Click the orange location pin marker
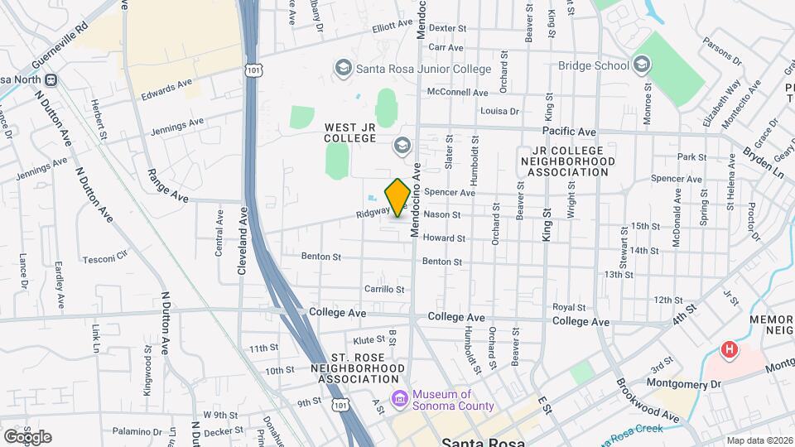pyautogui.click(x=397, y=197)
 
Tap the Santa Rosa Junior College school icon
pyautogui.click(x=343, y=66)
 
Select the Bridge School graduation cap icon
pyautogui.click(x=641, y=65)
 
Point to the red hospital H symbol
pyautogui.click(x=729, y=349)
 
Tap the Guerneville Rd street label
pyautogui.click(x=59, y=51)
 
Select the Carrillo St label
pyautogui.click(x=384, y=290)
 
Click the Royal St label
pyautogui.click(x=569, y=307)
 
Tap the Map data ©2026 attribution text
pyautogui.click(x=758, y=440)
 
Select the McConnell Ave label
pyautogui.click(x=458, y=93)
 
